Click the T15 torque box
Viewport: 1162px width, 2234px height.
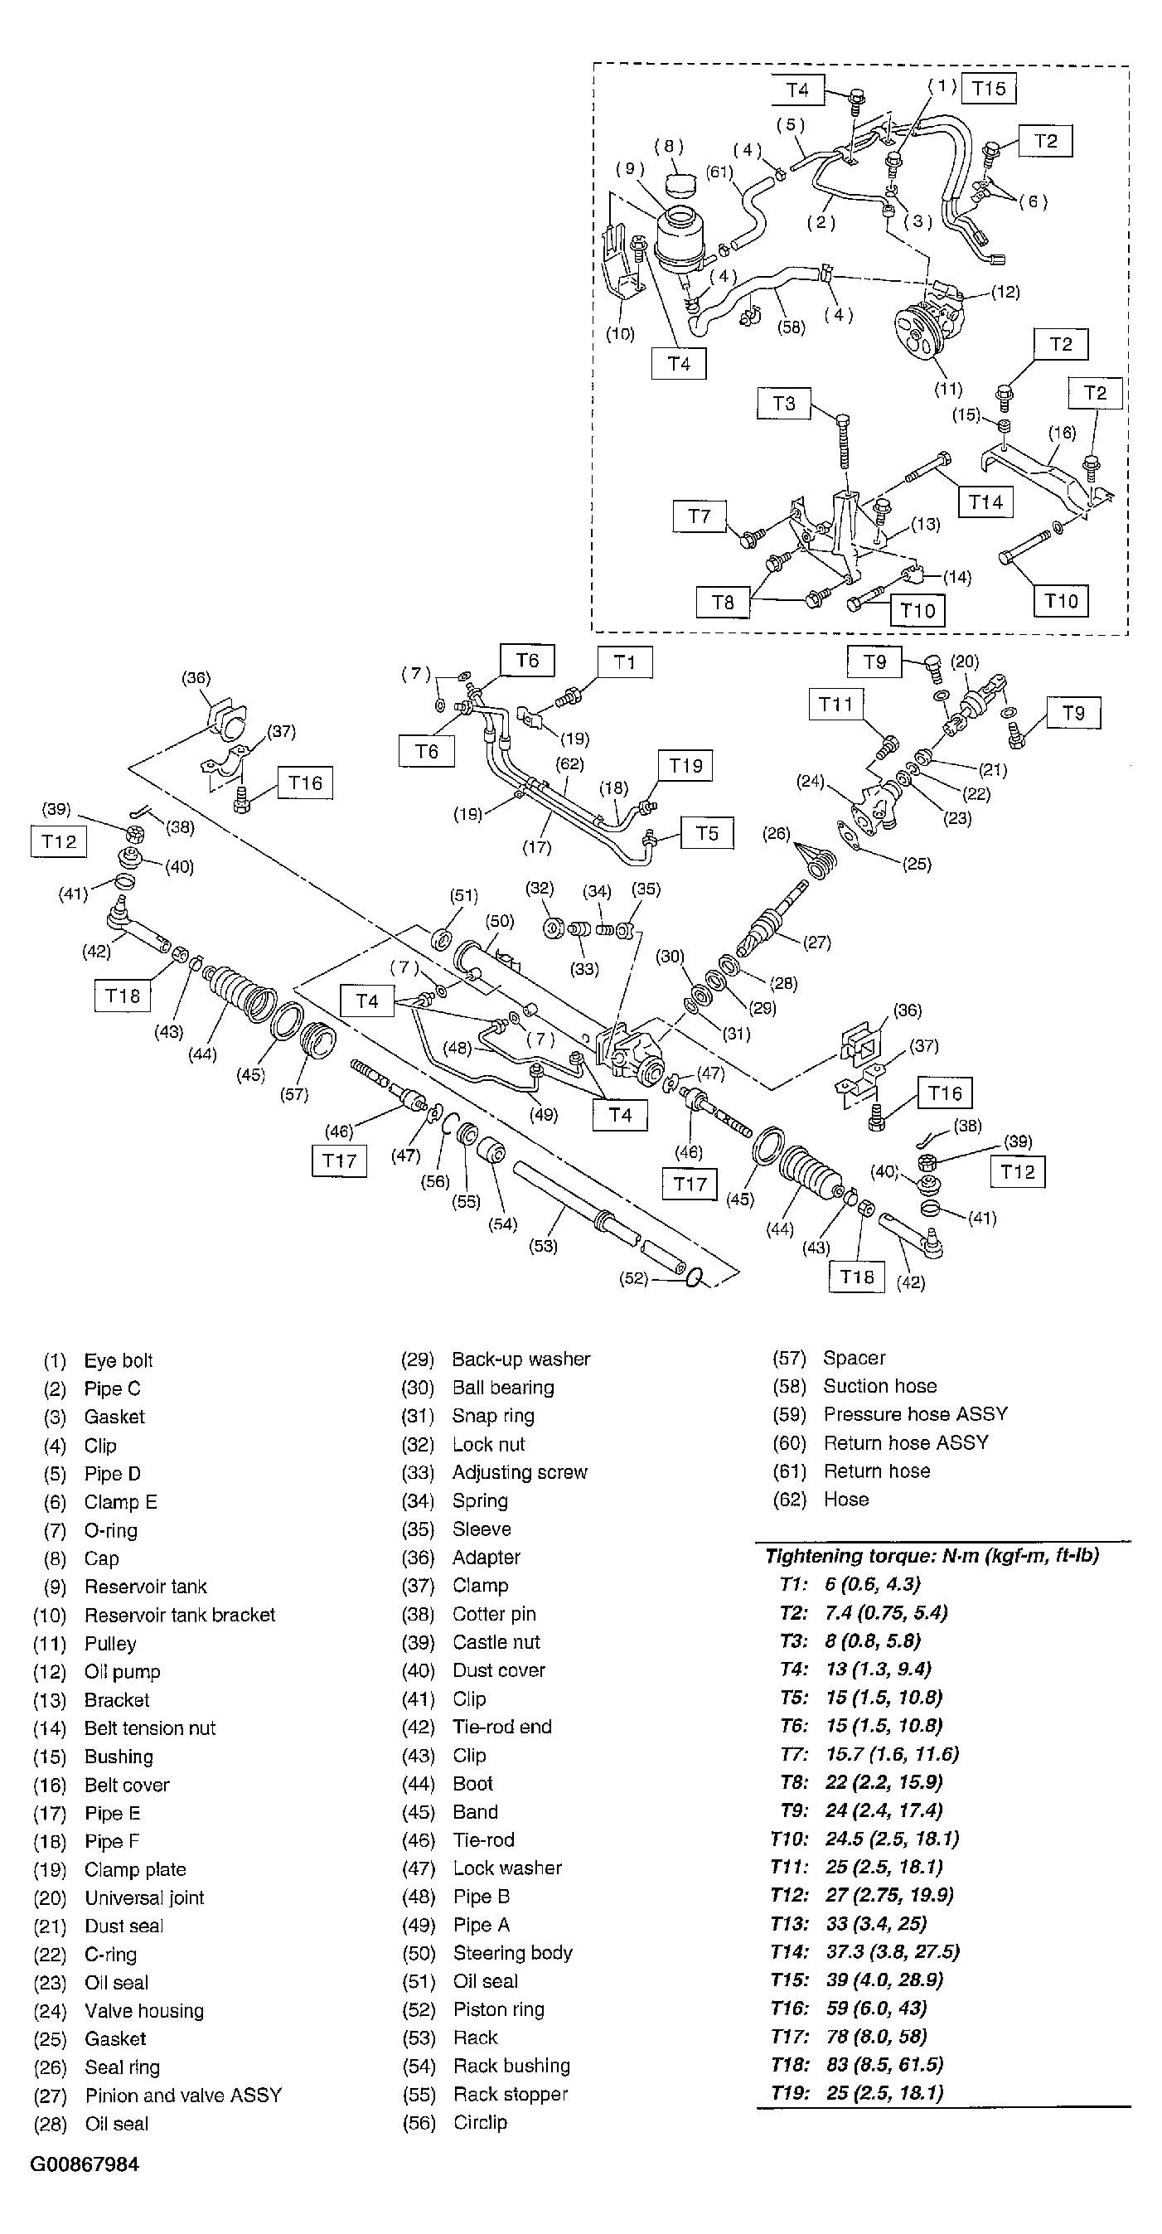coord(989,89)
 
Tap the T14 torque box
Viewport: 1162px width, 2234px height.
coord(985,502)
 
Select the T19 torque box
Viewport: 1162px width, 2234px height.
coord(685,766)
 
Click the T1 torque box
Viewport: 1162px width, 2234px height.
coord(624,662)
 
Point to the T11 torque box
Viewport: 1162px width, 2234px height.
coord(836,705)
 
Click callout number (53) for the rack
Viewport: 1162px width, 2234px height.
coord(543,1246)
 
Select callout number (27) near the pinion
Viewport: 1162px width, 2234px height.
coord(817,942)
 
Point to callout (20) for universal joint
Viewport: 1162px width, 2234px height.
coord(964,661)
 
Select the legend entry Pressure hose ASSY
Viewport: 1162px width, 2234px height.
coord(915,1413)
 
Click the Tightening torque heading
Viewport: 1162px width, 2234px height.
coord(932,1556)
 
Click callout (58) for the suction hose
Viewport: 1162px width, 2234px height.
coord(791,327)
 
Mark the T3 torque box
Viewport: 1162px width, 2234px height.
coord(783,403)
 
